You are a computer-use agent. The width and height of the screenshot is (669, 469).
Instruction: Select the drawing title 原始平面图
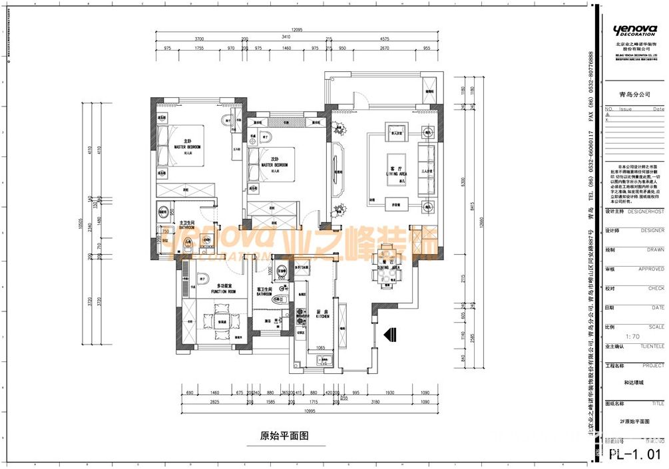pyautogui.click(x=284, y=436)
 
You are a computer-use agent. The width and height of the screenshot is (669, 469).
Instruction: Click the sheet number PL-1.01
pyautogui.click(x=636, y=455)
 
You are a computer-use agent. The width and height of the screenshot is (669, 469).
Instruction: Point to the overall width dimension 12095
pyautogui.click(x=297, y=30)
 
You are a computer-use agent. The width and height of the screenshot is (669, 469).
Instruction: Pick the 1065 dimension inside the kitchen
pyautogui.click(x=320, y=347)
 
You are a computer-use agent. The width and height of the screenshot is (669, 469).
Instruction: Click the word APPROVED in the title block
pyautogui.click(x=651, y=269)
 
